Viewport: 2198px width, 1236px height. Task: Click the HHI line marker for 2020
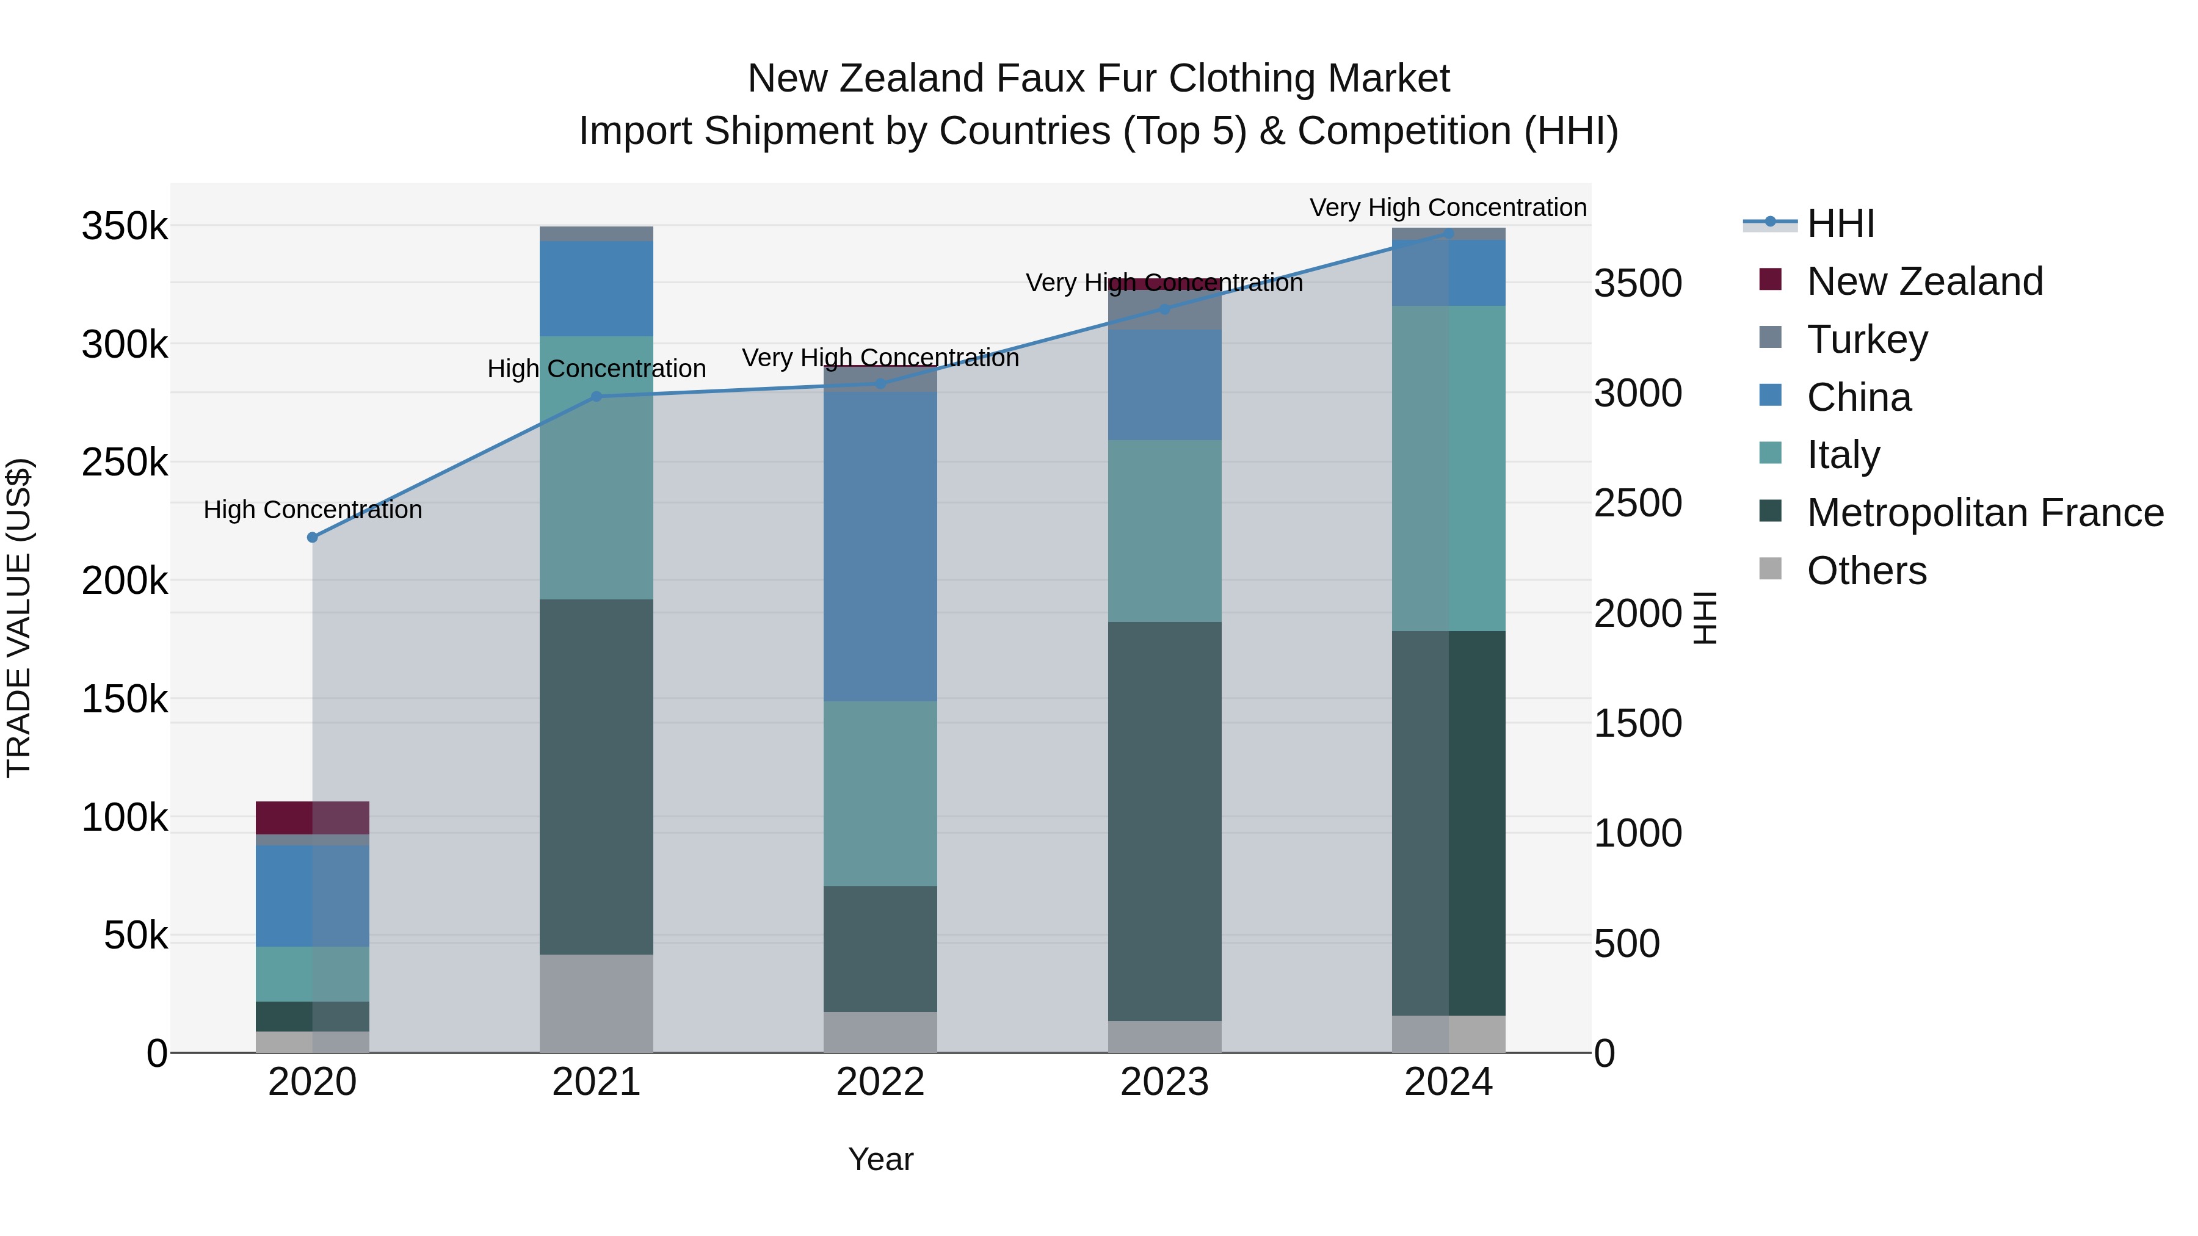tap(312, 537)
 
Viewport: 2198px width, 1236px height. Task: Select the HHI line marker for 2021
tap(597, 397)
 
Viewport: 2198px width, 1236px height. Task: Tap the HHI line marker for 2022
tap(880, 385)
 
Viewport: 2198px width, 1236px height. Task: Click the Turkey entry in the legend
tap(1867, 339)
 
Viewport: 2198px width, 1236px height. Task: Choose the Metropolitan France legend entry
tap(1985, 513)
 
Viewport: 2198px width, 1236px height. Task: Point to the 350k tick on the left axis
tap(125, 228)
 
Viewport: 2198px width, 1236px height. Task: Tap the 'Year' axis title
tap(880, 1159)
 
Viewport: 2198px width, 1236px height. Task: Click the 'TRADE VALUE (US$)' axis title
tap(19, 618)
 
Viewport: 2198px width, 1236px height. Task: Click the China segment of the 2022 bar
tap(880, 546)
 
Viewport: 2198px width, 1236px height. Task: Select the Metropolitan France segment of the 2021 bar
tap(597, 776)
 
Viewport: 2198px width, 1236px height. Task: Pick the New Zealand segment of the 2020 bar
tap(312, 817)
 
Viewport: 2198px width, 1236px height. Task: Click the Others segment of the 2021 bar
tap(597, 1003)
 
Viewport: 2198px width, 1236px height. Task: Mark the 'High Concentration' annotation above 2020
tap(312, 510)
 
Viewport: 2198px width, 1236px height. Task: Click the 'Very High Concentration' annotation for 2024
tap(1448, 208)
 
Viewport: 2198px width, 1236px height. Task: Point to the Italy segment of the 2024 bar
tap(1448, 468)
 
